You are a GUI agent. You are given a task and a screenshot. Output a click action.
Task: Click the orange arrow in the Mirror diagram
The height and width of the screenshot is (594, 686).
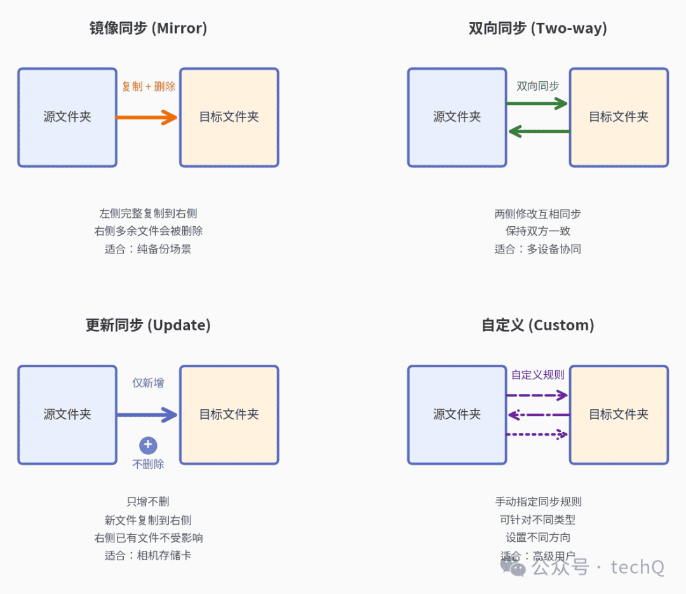[147, 118]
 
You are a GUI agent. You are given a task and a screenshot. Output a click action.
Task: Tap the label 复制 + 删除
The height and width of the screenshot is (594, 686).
[148, 86]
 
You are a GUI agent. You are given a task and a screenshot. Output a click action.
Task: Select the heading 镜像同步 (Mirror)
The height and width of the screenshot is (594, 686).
[148, 28]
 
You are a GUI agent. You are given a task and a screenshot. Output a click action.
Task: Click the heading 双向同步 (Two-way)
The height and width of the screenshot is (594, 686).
[538, 28]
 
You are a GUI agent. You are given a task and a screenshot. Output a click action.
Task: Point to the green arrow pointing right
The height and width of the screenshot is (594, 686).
[537, 104]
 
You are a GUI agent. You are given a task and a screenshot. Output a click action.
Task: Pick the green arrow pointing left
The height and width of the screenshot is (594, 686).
[539, 131]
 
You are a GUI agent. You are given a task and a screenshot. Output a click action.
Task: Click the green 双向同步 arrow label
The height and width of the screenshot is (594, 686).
[538, 86]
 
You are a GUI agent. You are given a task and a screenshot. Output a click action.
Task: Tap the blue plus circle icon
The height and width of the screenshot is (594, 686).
[148, 445]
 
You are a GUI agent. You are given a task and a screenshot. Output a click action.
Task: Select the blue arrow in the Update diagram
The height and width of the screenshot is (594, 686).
[147, 415]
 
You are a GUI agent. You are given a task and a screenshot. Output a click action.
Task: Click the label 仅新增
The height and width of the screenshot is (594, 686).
[148, 383]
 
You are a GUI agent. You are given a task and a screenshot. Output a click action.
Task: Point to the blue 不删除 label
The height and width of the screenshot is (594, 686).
[148, 464]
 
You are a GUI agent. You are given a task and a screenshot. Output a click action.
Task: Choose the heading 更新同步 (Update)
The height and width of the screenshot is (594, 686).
[148, 325]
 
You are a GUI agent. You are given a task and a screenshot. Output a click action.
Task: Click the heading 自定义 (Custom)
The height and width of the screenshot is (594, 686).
[538, 325]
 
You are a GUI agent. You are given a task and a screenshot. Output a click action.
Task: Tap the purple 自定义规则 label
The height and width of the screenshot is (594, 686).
[538, 375]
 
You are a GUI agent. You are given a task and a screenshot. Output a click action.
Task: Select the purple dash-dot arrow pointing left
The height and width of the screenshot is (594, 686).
[539, 415]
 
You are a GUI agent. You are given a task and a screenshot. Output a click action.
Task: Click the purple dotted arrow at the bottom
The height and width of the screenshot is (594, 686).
[537, 435]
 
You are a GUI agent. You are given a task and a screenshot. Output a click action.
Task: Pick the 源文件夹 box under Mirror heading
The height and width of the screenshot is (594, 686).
[67, 118]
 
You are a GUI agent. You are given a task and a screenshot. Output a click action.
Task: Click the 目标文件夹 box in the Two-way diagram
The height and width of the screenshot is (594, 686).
[619, 118]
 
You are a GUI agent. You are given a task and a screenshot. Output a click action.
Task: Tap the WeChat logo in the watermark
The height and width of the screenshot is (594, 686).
[513, 567]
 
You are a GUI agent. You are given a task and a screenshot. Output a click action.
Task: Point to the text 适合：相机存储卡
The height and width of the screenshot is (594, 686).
[148, 555]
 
